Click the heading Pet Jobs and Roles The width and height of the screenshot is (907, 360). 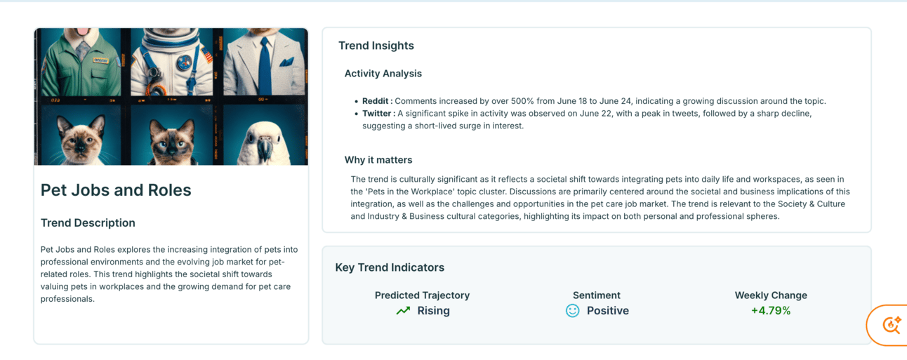116,190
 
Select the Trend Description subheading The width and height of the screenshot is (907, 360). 88,223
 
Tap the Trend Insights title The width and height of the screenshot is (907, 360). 376,46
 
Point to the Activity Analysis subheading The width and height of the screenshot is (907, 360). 383,74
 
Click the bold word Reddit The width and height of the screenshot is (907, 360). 375,101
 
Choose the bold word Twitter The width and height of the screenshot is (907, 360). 376,114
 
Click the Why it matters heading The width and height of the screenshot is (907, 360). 378,160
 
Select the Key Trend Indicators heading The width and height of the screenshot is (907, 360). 390,267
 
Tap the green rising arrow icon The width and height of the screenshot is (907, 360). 403,311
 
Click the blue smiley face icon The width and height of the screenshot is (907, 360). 573,311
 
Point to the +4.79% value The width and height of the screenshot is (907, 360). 771,311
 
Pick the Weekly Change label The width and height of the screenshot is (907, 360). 771,295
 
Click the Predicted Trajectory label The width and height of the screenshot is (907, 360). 422,295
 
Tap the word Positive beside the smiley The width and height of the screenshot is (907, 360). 608,311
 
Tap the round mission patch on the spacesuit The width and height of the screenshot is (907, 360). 185,62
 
